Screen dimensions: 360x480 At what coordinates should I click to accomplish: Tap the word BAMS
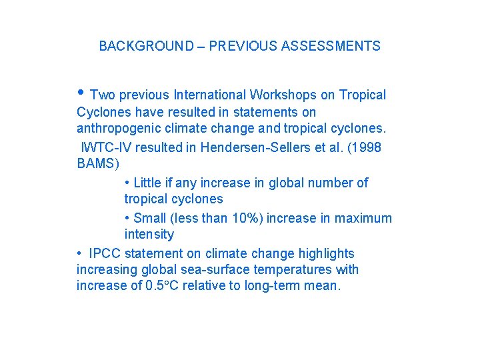96,163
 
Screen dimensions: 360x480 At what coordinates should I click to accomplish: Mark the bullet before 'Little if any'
127,183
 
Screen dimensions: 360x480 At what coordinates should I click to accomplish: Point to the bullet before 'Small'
127,218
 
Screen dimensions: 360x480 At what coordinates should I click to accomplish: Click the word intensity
149,234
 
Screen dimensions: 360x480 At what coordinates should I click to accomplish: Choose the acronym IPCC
105,253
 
